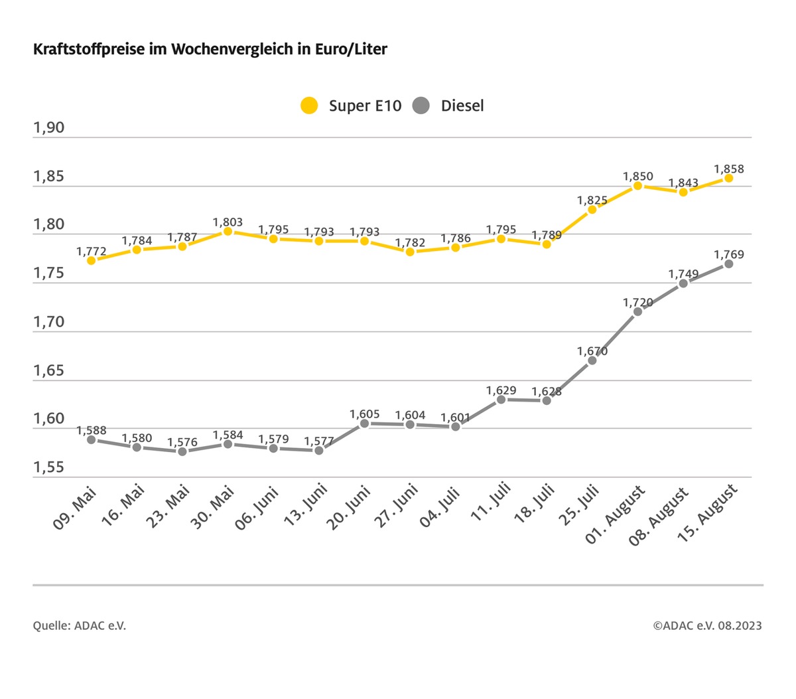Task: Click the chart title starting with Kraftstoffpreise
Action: pos(210,49)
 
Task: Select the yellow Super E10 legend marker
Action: pos(309,106)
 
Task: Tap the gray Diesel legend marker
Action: pos(421,106)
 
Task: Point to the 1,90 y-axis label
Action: pos(49,127)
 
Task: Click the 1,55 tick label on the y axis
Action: pos(49,467)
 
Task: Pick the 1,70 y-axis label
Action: pos(49,322)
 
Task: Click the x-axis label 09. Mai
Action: pos(76,508)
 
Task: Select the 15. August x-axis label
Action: pos(708,513)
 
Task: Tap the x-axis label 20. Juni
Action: pos(348,508)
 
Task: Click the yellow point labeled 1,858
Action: pos(728,178)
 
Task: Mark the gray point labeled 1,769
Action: pos(728,264)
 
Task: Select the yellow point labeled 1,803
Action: pos(228,231)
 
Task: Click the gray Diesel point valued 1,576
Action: pos(182,451)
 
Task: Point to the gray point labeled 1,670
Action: pos(592,360)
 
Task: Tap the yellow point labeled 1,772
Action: pos(92,261)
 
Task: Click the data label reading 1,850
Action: pos(637,177)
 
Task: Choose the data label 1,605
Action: pos(364,414)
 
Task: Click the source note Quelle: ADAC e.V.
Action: pos(80,625)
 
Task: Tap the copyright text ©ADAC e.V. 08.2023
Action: pos(707,625)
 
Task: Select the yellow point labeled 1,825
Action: pos(592,210)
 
